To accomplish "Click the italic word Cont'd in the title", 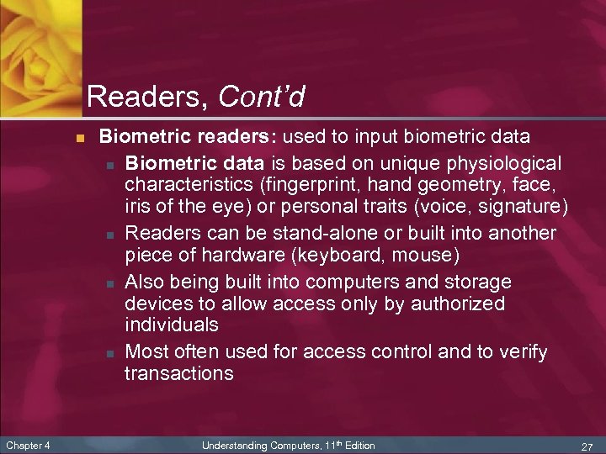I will tap(261, 97).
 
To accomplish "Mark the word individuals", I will tap(172, 325).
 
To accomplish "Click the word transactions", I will tap(179, 373).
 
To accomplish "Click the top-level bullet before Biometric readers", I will tap(78, 137).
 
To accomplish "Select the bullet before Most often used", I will tap(111, 351).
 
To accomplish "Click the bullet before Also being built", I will tap(111, 281).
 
